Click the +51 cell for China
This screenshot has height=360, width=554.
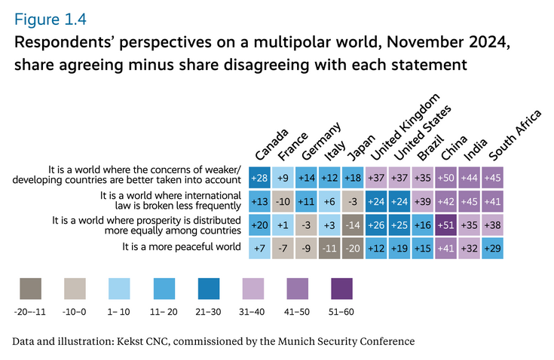coord(448,224)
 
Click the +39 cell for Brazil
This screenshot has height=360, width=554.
coord(424,201)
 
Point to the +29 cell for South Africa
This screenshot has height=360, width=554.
coord(494,247)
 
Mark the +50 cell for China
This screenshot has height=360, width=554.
coord(448,178)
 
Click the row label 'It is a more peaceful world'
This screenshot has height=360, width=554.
coord(181,246)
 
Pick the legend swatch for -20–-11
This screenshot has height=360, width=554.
coord(30,289)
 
